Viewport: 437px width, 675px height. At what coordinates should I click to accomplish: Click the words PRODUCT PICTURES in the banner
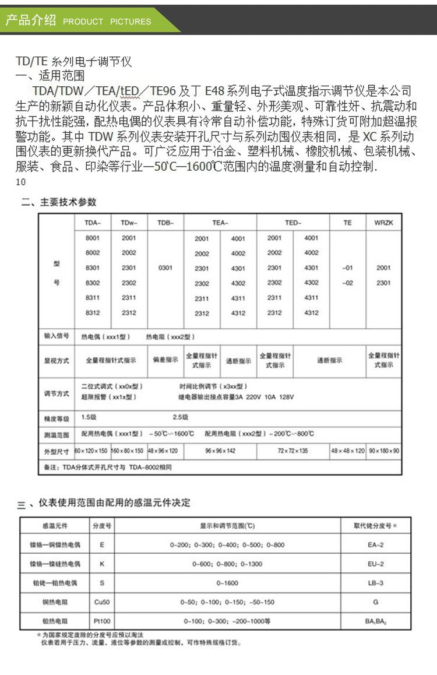pos(107,22)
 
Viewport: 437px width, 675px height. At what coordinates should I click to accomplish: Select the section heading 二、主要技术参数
pos(58,202)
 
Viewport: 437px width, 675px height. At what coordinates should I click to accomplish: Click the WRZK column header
pos(383,223)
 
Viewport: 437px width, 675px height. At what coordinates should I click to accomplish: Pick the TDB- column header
pos(165,223)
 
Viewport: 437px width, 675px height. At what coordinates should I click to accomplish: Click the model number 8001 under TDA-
pos(93,238)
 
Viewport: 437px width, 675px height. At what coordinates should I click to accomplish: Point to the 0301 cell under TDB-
pos(165,268)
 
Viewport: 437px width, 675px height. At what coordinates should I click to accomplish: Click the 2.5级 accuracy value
pos(181,417)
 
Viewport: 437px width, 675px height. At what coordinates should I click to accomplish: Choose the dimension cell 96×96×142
pos(220,451)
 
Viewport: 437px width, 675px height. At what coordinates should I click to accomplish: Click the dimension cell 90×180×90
pos(384,451)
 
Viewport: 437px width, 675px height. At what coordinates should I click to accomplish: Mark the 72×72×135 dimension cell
pos(293,451)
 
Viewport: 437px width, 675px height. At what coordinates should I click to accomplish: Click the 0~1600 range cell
pos(227,583)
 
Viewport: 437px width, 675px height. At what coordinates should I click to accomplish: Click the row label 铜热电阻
pos(56,602)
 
